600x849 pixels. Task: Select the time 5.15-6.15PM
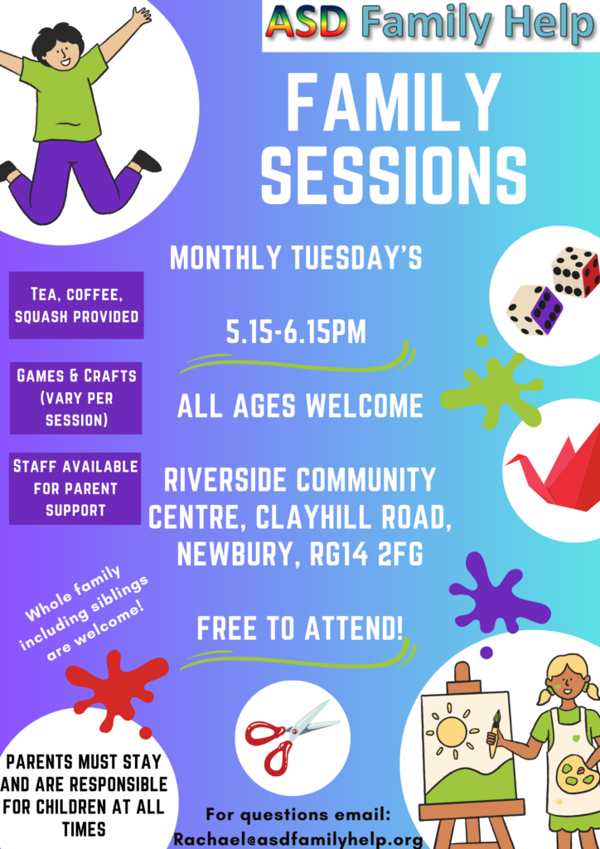pyautogui.click(x=296, y=332)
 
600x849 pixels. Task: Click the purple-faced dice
pyautogui.click(x=535, y=310)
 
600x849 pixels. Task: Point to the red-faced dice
pyautogui.click(x=576, y=271)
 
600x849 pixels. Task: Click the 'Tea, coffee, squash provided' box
pyautogui.click(x=76, y=305)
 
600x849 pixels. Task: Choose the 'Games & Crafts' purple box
pyautogui.click(x=75, y=398)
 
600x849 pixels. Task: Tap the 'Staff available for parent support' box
pyautogui.click(x=75, y=488)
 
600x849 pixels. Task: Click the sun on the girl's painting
pyautogui.click(x=452, y=731)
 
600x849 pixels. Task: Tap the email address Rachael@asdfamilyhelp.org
pyautogui.click(x=298, y=839)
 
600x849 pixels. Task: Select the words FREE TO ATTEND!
pyautogui.click(x=300, y=628)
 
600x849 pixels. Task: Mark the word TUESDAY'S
pyautogui.click(x=356, y=259)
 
